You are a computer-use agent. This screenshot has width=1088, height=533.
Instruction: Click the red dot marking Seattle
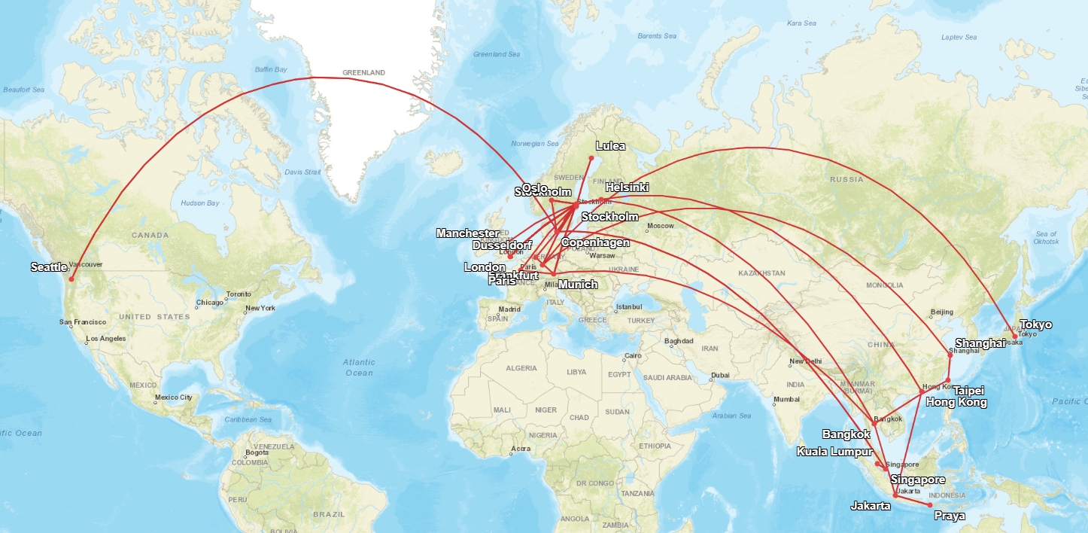72,279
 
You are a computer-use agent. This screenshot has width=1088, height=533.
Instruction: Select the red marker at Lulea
591,157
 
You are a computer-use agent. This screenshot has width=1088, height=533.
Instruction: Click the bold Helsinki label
627,187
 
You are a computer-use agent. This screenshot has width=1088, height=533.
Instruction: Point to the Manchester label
467,233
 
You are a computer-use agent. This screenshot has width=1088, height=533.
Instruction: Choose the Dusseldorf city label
502,246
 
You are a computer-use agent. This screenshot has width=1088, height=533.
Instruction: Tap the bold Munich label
579,285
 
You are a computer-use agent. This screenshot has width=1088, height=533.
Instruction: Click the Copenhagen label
595,243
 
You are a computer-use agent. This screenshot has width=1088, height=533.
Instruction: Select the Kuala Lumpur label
834,452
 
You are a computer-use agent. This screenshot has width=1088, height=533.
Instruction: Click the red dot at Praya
930,504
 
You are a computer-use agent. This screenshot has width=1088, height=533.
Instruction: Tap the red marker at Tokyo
1015,337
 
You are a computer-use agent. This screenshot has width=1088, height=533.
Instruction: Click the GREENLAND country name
363,73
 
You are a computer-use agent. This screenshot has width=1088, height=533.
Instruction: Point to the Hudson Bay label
199,203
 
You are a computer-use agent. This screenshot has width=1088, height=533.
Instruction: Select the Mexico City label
173,397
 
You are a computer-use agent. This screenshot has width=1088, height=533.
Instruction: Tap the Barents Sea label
657,36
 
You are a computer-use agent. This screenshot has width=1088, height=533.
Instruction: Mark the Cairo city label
632,355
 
